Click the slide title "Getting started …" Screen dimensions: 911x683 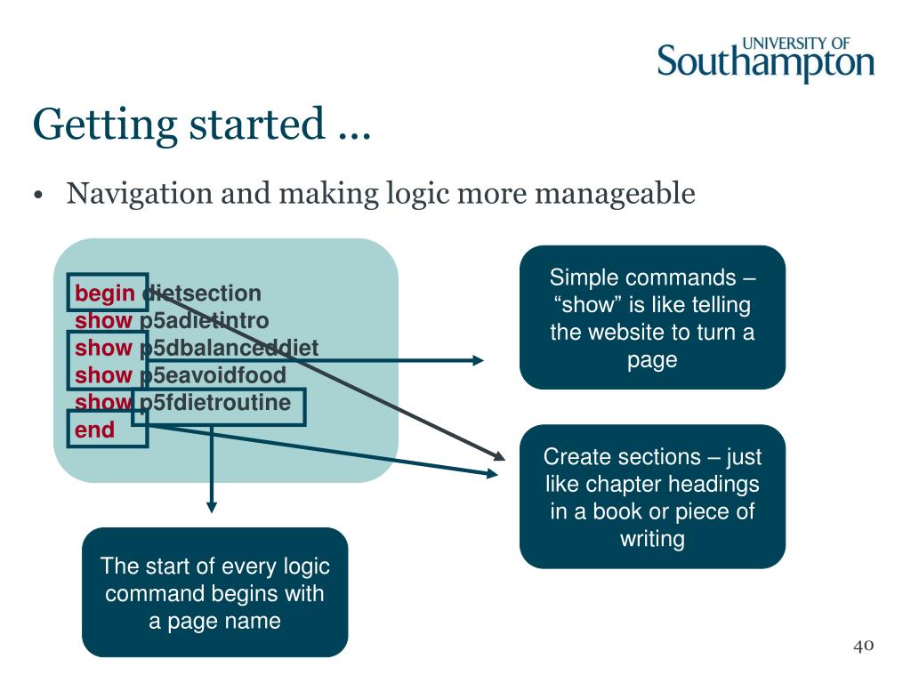(201, 124)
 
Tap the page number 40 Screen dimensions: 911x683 (863, 646)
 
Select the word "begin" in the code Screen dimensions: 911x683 (105, 293)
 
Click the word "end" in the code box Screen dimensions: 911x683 (95, 430)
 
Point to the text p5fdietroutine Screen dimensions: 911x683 (215, 403)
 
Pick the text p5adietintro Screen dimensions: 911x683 (204, 320)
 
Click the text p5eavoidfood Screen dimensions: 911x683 (213, 375)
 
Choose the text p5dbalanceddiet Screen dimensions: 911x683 (229, 348)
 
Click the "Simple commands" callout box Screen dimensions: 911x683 (652, 317)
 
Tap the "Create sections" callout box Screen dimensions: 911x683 (652, 497)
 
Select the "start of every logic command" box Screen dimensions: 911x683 (214, 592)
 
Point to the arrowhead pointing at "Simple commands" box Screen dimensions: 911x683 (478, 360)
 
